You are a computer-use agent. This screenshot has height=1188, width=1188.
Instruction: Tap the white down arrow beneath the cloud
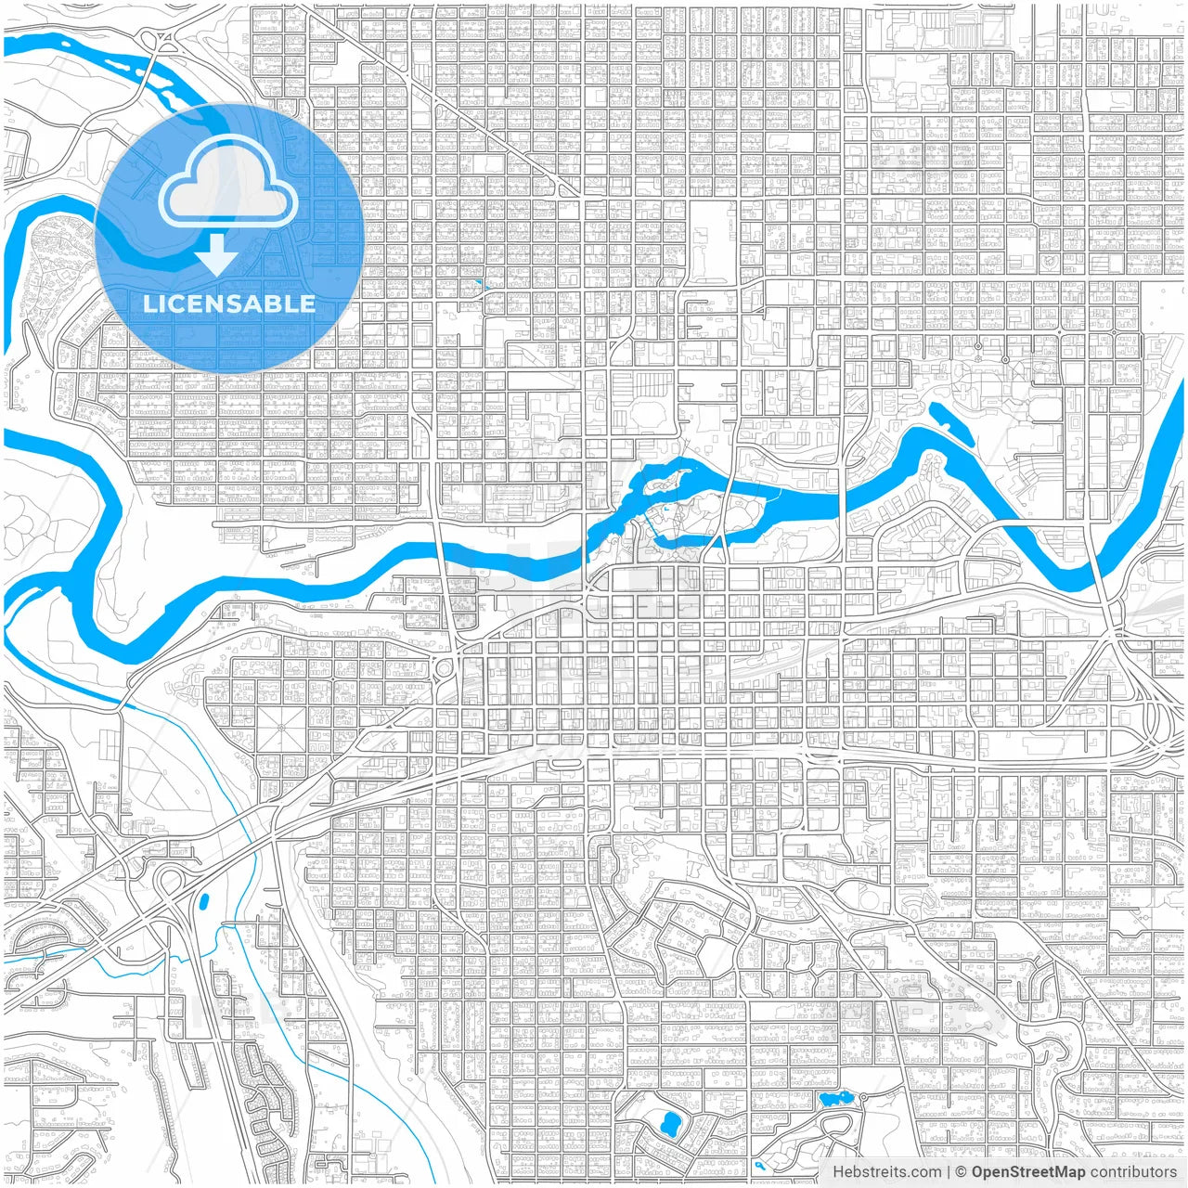(216, 253)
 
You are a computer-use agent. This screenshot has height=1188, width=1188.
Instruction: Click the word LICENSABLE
(228, 303)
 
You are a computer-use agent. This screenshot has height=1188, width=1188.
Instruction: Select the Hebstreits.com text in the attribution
(886, 1172)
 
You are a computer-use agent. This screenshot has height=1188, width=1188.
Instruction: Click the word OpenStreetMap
(1027, 1172)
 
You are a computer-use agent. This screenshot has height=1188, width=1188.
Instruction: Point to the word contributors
(1132, 1172)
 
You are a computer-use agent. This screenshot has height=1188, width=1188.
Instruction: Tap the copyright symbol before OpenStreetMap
(961, 1172)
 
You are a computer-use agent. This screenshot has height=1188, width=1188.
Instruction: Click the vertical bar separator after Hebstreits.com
(948, 1172)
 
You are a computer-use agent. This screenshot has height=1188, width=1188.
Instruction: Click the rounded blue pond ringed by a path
(667, 1125)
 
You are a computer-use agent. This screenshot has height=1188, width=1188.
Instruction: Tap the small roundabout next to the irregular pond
(862, 1098)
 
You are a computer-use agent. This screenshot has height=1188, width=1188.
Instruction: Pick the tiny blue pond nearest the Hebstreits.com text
(759, 1164)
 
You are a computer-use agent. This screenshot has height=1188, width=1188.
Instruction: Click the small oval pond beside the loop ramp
(202, 899)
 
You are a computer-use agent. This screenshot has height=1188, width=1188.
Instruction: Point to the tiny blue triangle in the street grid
(479, 284)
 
